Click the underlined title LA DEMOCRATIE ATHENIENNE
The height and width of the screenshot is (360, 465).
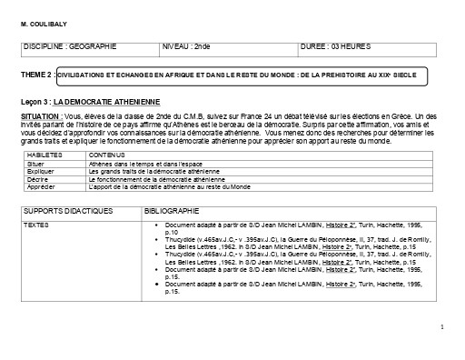pos(106,102)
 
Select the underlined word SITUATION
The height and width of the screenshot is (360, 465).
pos(42,117)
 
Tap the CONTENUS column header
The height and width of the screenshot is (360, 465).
pos(105,156)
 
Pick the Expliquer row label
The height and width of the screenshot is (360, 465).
pos(40,171)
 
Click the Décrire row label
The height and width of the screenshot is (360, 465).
pos(37,179)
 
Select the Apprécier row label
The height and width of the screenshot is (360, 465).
pos(42,186)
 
